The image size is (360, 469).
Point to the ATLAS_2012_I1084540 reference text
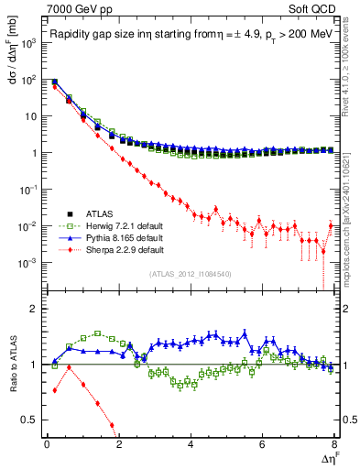pyautogui.click(x=190, y=274)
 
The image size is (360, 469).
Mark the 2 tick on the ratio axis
pyautogui.click(x=34, y=308)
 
